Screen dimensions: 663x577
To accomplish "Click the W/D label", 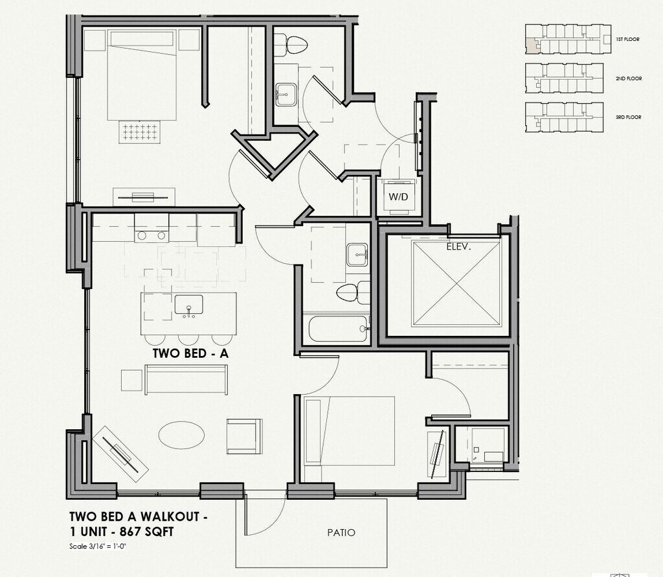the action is coord(398,196).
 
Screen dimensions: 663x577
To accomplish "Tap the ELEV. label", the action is coord(458,246).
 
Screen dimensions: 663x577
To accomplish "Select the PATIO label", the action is coord(341,533).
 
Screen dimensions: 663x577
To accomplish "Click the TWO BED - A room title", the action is coord(191,354).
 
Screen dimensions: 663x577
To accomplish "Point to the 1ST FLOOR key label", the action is coord(627,40).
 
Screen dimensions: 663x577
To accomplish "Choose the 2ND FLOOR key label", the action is coord(628,78).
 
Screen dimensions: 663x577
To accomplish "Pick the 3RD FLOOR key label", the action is coord(628,117).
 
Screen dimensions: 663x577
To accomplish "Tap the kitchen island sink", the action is coord(189,305).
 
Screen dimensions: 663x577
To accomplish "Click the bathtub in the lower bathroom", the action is coord(337,328).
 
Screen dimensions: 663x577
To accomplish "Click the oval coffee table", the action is coord(181,434).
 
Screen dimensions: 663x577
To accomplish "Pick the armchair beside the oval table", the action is coord(243,436).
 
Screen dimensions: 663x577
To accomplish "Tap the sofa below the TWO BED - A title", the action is coord(186,379).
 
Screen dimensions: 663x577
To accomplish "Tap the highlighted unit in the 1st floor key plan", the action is coord(530,45).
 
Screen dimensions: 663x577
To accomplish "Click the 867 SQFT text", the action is coord(147,532).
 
